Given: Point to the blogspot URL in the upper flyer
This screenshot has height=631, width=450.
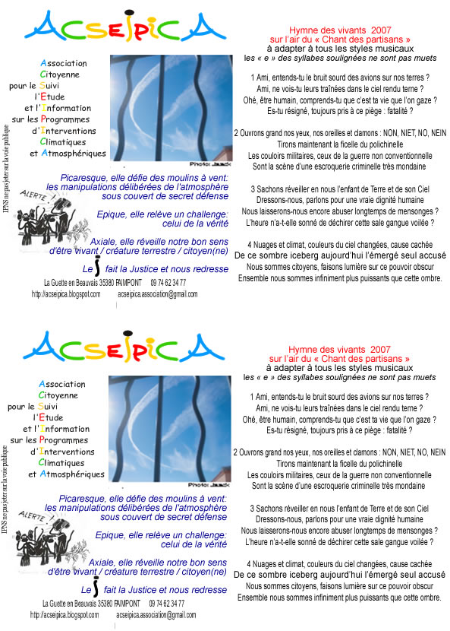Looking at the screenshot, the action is (x=66, y=293).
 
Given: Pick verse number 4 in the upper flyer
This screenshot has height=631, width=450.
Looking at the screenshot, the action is (x=250, y=244).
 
